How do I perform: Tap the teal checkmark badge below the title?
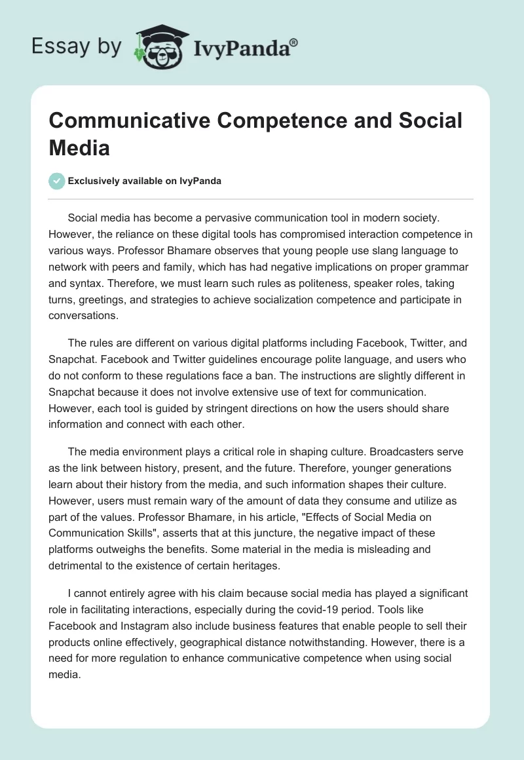point(57,181)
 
